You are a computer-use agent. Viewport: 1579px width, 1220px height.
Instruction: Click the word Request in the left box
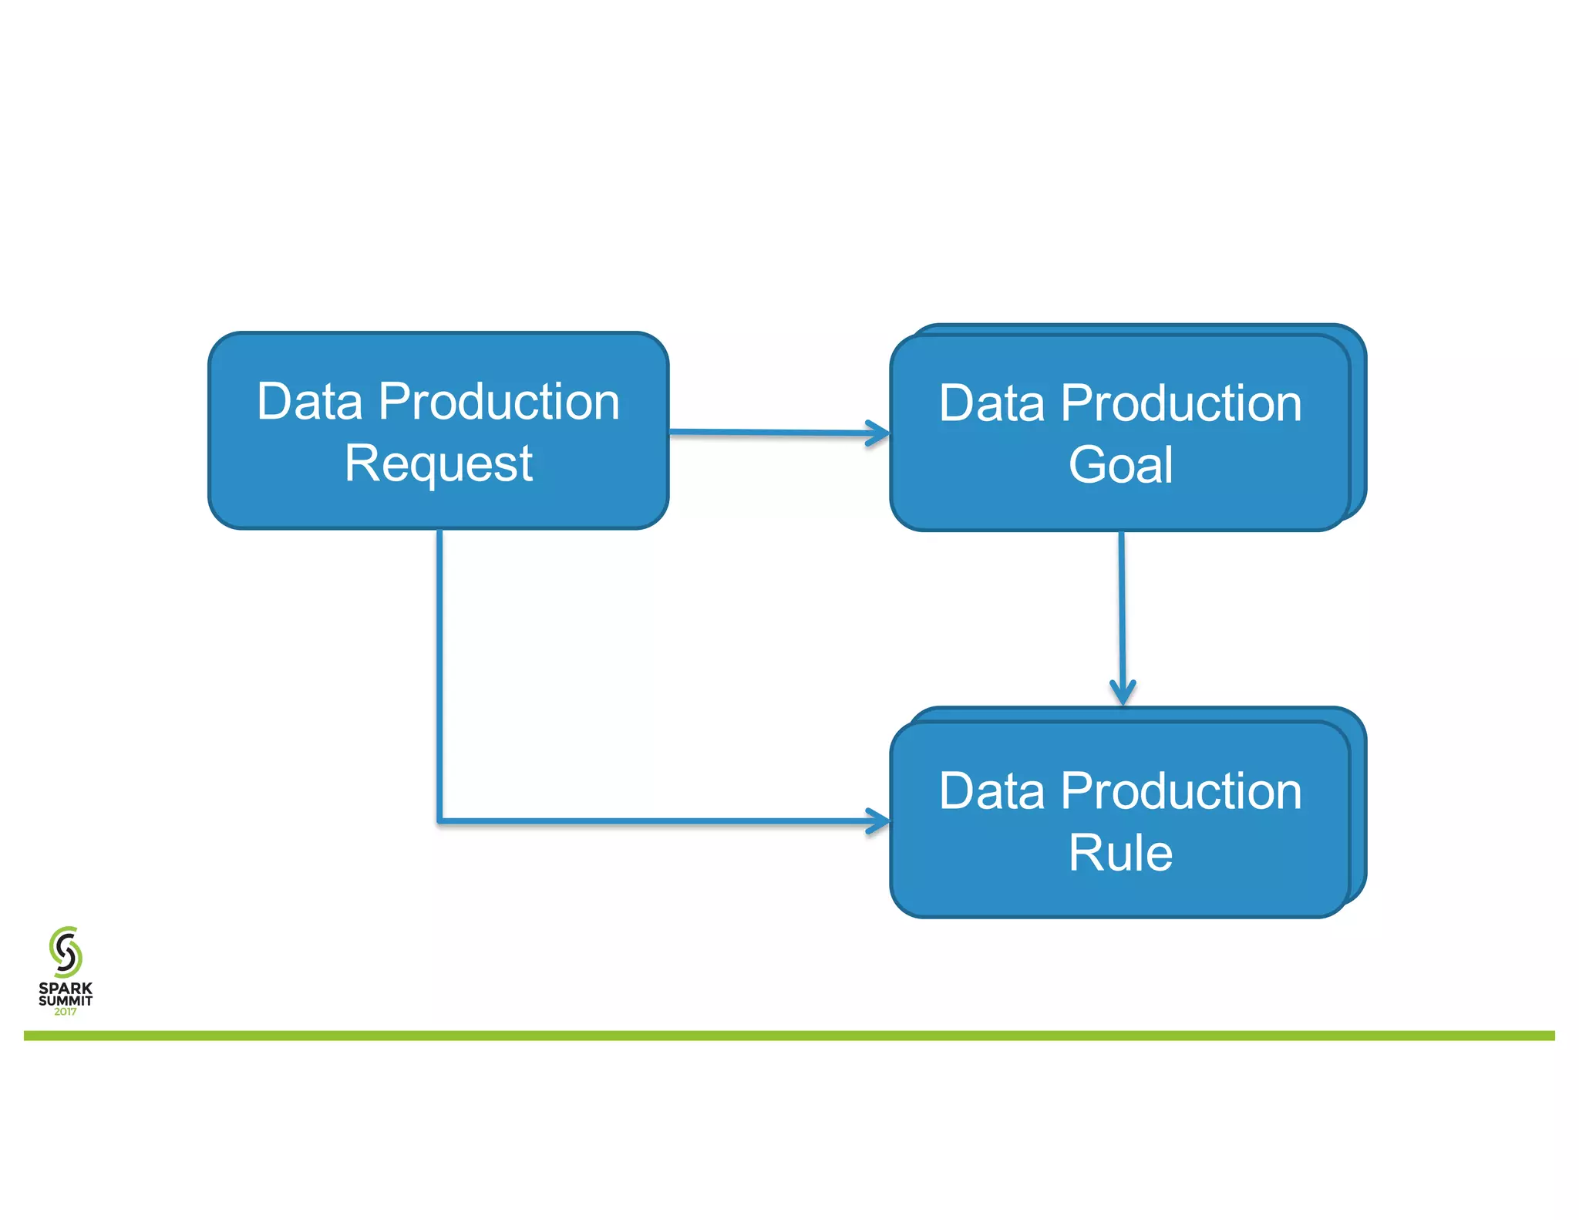tap(438, 463)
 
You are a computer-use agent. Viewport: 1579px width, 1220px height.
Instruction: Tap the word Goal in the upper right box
tap(1120, 465)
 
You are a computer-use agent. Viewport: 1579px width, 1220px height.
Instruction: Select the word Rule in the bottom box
tap(1120, 853)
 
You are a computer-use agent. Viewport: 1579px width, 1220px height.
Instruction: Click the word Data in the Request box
tap(309, 402)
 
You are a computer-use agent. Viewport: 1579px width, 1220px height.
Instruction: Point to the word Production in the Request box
tap(499, 402)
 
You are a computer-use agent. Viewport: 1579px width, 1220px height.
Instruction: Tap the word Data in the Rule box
tap(992, 791)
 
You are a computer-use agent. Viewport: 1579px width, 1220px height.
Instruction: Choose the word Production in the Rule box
tap(1181, 791)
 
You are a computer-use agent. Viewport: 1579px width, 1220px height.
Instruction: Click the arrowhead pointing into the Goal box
tap(879, 433)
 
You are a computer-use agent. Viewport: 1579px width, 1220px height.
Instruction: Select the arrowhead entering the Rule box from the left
tap(879, 821)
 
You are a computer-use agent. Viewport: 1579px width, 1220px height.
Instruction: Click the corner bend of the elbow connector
tap(439, 821)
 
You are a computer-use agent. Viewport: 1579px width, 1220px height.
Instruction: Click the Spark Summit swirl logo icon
tap(66, 952)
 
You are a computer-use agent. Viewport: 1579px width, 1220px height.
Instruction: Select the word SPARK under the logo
tap(66, 988)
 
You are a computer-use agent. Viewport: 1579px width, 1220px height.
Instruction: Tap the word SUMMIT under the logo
tap(66, 1000)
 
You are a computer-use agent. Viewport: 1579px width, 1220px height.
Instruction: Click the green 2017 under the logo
tap(66, 1012)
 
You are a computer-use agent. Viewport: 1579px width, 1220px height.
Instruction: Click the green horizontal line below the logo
tap(789, 1036)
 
